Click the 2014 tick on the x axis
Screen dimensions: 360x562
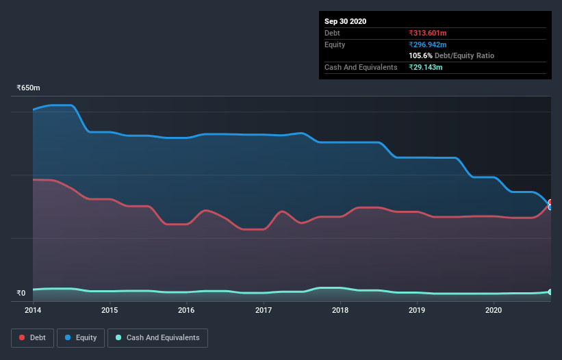[33, 310]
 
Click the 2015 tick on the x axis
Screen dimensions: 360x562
[110, 310]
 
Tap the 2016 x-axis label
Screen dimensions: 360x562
[186, 310]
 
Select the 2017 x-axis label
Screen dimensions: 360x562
[264, 310]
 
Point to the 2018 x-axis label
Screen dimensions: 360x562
[340, 310]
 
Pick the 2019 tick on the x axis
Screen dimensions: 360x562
[417, 310]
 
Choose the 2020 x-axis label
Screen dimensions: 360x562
[494, 310]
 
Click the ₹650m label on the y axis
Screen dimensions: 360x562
[29, 88]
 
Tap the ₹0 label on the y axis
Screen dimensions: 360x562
[21, 293]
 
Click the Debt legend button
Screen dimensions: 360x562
[32, 337]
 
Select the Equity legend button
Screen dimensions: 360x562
[81, 337]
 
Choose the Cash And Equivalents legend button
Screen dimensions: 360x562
[157, 337]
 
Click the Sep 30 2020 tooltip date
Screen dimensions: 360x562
[346, 21]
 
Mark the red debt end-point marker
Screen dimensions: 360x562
[550, 203]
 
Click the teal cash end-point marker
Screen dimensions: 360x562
[550, 292]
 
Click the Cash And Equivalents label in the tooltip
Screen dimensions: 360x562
[361, 67]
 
